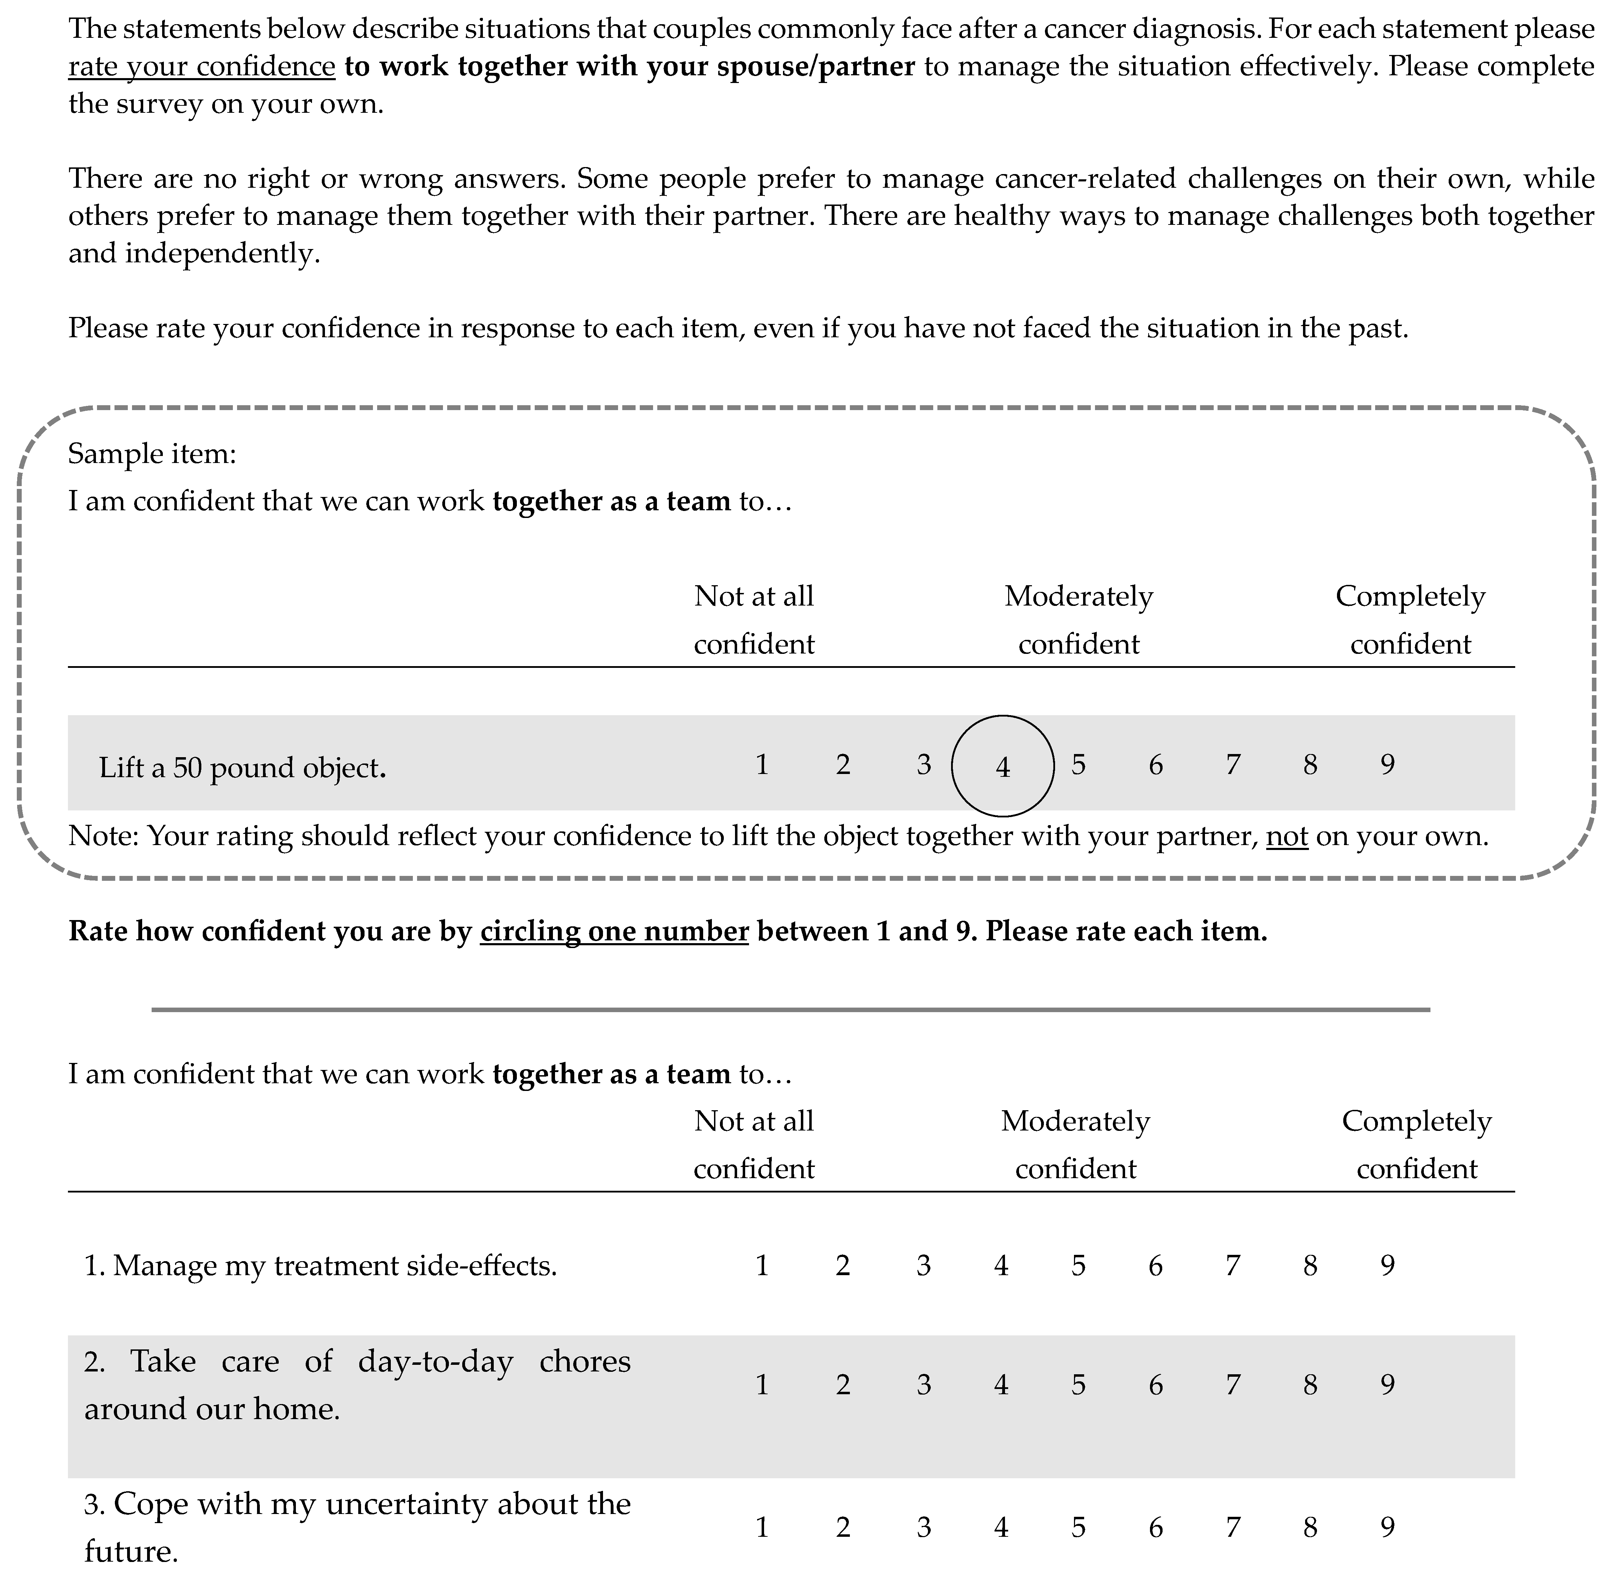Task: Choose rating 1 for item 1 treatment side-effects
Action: [761, 1265]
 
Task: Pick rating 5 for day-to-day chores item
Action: [1078, 1384]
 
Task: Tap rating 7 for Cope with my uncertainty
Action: [1233, 1527]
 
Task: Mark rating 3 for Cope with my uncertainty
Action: [923, 1527]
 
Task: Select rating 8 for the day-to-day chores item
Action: [1310, 1384]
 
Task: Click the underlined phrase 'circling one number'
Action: [614, 931]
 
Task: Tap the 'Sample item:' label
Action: [152, 454]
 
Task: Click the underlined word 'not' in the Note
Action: [1287, 836]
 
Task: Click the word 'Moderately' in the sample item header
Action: [1078, 596]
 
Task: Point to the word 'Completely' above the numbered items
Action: [1416, 1121]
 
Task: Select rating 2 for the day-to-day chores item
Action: [843, 1384]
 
